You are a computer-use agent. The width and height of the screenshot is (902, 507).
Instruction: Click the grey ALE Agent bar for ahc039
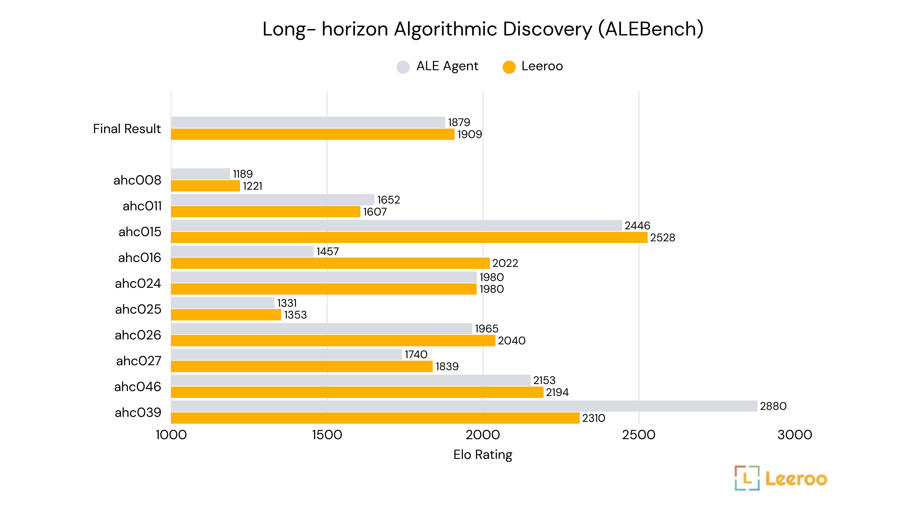point(464,406)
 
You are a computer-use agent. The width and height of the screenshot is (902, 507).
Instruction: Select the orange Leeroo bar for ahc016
point(330,263)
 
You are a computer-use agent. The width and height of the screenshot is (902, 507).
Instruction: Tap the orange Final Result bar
point(313,134)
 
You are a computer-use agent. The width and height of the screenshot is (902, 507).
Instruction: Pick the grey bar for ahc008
point(200,174)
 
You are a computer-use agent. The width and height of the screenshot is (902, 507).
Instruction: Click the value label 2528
point(662,238)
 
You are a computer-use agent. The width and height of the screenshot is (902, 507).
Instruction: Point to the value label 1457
point(327,251)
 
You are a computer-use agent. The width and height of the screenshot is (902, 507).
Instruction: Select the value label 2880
point(773,406)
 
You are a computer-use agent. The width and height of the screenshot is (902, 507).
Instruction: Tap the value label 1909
point(470,134)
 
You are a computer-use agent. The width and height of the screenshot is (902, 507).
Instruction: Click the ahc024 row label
point(138,283)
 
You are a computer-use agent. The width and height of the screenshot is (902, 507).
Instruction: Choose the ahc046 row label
point(138,387)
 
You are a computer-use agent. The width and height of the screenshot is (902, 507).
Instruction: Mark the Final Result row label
point(127,129)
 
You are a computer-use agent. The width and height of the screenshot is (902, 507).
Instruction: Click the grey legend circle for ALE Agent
point(403,67)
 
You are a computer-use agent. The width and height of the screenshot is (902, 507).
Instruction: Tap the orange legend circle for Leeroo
point(509,67)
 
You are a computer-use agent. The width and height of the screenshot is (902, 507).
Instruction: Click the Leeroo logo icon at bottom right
point(747,478)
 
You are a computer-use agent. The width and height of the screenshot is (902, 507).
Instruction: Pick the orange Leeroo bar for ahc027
point(302,366)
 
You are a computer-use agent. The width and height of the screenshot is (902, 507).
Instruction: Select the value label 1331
point(287,303)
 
